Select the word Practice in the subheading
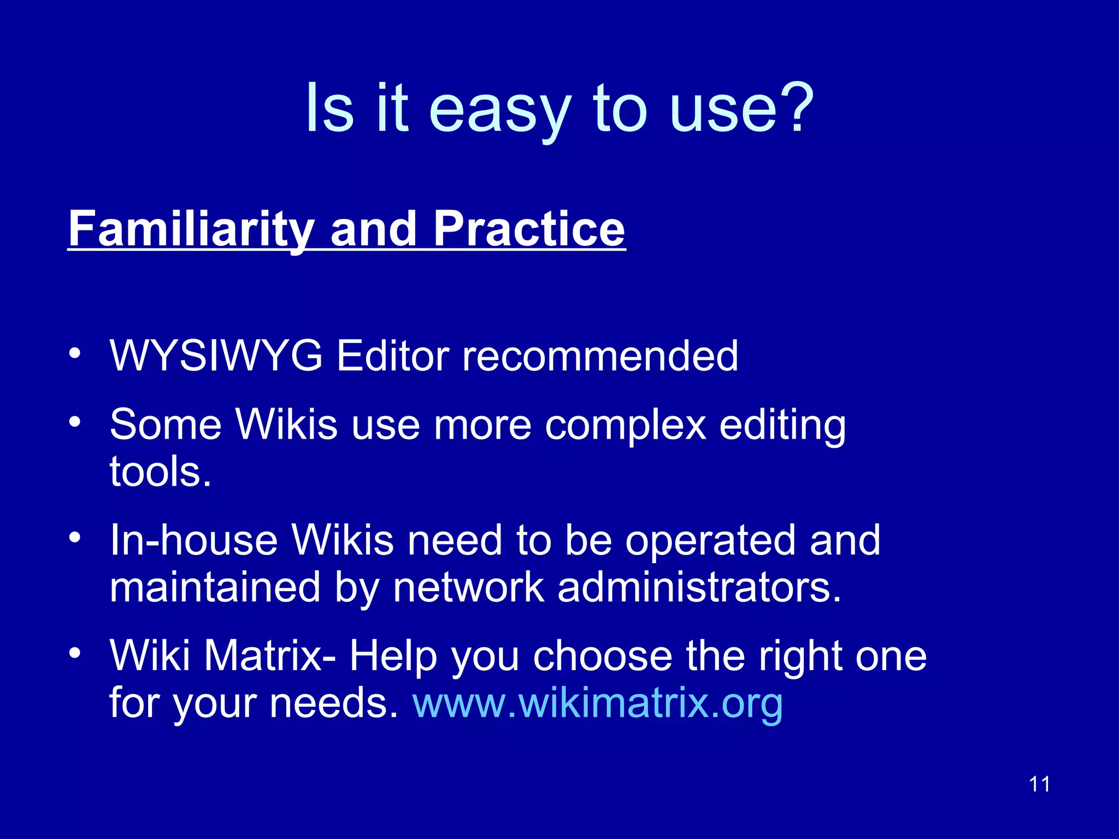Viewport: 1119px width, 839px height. [x=529, y=229]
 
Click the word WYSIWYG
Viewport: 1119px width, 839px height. [x=216, y=356]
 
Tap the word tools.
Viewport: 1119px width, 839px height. [x=160, y=472]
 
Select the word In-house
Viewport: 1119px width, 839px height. [x=193, y=541]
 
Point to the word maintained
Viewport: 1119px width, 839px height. [x=214, y=588]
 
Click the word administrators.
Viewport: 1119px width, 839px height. [x=699, y=588]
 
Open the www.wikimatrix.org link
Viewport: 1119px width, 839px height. [x=598, y=703]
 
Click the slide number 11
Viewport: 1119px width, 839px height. [x=1039, y=784]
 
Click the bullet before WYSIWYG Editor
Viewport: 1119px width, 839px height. [x=75, y=353]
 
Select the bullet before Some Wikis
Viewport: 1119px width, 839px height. [x=75, y=422]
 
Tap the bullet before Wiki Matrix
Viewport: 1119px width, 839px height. [x=75, y=653]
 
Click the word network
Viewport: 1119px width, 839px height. [x=468, y=588]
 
